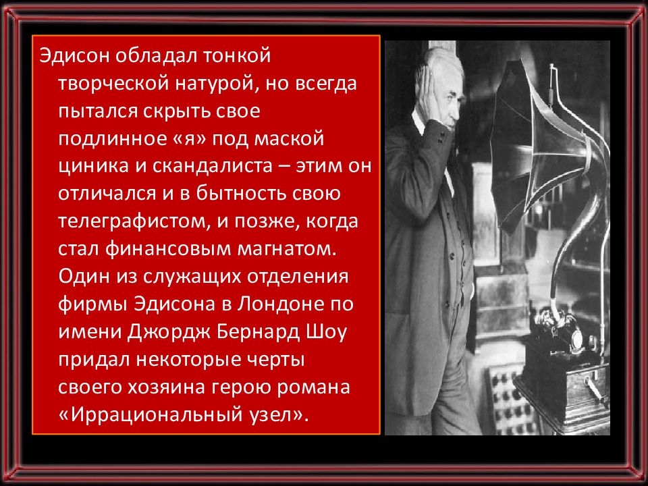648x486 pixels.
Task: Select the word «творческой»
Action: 113,83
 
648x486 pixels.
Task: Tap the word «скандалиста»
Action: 213,166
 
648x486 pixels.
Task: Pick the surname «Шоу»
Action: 327,332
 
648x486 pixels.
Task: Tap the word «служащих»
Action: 192,277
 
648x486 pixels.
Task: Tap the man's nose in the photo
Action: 457,111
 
